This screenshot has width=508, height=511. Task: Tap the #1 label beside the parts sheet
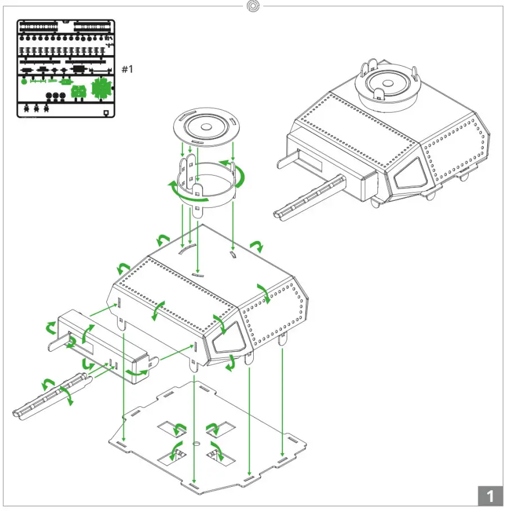(128, 69)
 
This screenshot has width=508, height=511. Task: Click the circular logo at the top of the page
(254, 6)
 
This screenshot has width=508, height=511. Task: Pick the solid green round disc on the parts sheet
(24, 82)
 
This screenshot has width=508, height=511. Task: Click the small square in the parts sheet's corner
(107, 113)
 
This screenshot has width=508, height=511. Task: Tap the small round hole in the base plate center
(196, 444)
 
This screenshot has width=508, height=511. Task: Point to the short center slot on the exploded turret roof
(197, 275)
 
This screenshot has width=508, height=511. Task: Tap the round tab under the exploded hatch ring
(197, 211)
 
